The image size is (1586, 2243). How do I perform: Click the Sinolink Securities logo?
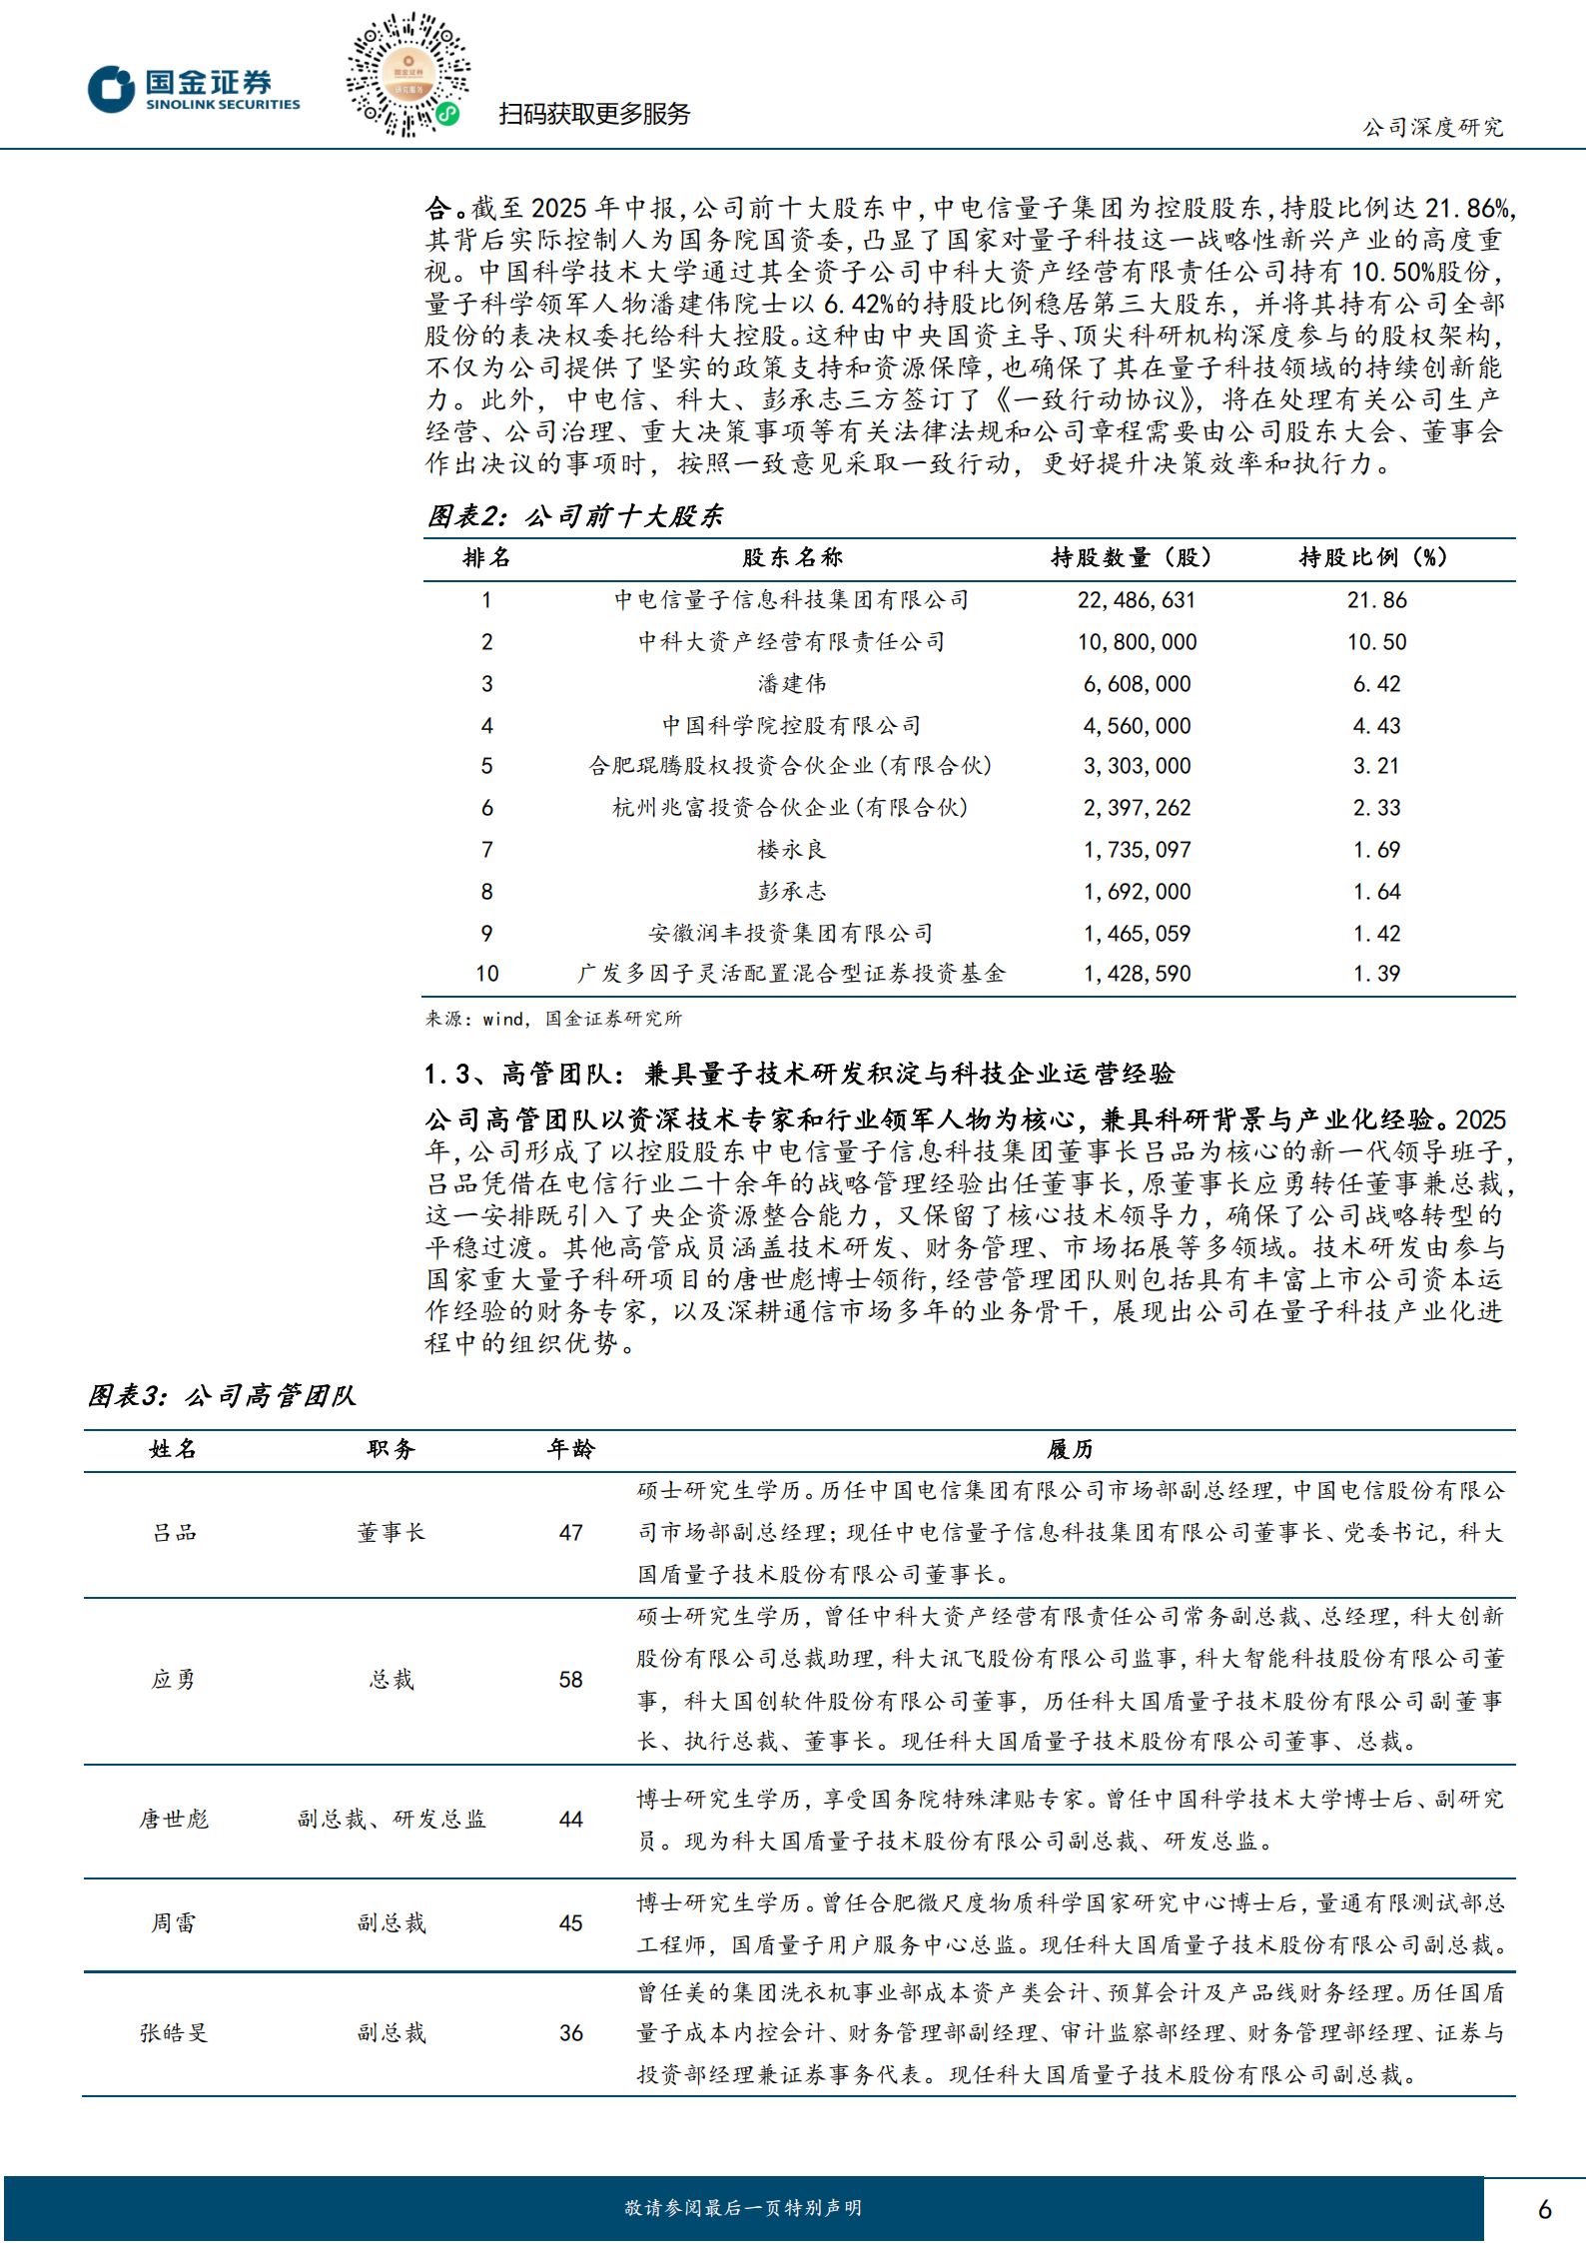[x=194, y=89]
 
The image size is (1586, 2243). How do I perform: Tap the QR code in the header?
[x=407, y=75]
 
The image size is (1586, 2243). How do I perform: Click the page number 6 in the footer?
[x=1544, y=2208]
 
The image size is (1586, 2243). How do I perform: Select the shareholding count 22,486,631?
[x=1136, y=600]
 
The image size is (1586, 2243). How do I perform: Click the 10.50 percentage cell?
[x=1376, y=642]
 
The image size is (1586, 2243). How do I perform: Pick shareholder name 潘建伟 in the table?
[x=791, y=684]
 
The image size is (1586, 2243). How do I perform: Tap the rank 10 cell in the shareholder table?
[x=486, y=974]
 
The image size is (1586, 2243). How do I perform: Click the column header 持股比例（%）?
[x=1372, y=557]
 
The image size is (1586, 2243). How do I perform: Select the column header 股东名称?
[x=791, y=557]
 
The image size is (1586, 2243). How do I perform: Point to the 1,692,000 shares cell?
[x=1137, y=892]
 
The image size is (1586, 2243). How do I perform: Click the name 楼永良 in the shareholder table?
[x=791, y=850]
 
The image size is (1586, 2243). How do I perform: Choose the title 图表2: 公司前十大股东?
[x=575, y=516]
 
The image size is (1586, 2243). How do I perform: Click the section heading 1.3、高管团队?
[x=799, y=1074]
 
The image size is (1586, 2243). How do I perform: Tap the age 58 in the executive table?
[x=570, y=1680]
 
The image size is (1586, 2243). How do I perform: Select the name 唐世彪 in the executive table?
[x=174, y=1820]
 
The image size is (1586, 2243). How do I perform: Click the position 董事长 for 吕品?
[x=391, y=1533]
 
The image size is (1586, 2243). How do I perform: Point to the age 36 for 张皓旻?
[x=570, y=2033]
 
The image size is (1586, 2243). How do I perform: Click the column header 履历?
[x=1069, y=1449]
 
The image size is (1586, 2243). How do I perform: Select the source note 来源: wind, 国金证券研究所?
[x=553, y=1019]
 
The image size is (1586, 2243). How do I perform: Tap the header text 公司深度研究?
[x=1432, y=127]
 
